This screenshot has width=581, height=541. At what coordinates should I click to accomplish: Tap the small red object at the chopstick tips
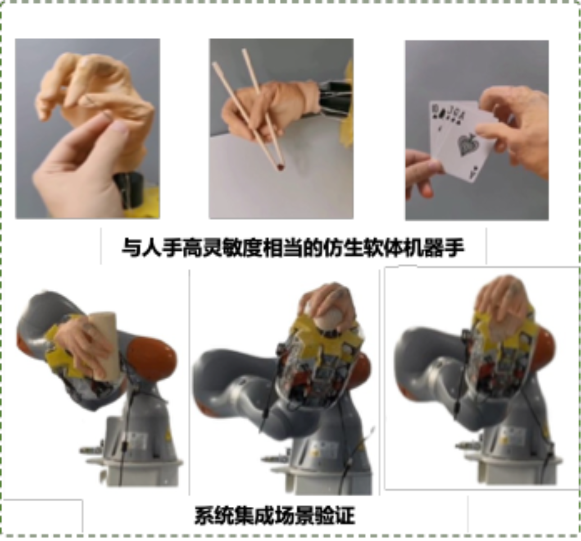pos(280,167)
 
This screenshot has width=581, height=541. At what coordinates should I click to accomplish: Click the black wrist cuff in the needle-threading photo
pos(128,190)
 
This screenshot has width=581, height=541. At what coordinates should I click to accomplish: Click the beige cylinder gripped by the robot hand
pos(104,346)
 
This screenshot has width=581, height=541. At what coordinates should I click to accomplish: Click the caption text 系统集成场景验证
pos(275,515)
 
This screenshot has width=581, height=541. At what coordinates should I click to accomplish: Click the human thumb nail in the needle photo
pos(119,127)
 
